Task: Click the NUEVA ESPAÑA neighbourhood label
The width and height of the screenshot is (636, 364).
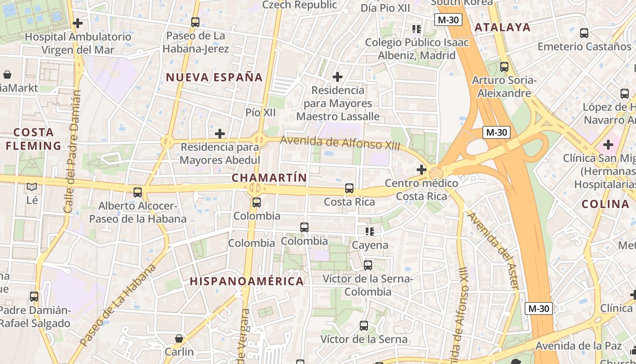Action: (214, 77)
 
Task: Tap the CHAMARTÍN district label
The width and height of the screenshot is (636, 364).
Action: (269, 178)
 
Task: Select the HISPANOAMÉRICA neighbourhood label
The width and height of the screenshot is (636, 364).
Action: (247, 281)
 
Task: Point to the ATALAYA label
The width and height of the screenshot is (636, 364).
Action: (502, 27)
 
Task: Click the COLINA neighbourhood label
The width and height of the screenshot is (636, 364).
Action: (605, 204)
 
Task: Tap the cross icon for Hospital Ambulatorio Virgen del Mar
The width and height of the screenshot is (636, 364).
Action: (78, 23)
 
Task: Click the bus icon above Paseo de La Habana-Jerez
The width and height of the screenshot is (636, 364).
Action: (195, 22)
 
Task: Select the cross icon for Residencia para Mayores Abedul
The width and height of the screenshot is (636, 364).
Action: (220, 134)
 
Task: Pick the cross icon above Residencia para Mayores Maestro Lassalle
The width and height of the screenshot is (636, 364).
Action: (337, 76)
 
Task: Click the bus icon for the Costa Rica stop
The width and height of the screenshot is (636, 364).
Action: (349, 188)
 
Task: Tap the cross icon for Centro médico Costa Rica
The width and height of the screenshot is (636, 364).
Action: (422, 170)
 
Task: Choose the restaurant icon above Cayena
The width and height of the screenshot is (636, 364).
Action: (370, 232)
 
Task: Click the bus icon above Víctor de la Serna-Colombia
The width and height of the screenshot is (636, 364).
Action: (368, 265)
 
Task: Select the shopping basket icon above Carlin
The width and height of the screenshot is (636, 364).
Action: (179, 339)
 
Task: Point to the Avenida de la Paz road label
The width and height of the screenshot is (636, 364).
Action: (578, 346)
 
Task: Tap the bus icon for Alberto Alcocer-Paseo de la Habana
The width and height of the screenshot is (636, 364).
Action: (138, 192)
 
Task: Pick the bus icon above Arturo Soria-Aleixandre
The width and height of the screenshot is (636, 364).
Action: (504, 67)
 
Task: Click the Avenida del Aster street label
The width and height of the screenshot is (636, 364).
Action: (493, 250)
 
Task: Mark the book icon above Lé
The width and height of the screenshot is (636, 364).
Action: (32, 187)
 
